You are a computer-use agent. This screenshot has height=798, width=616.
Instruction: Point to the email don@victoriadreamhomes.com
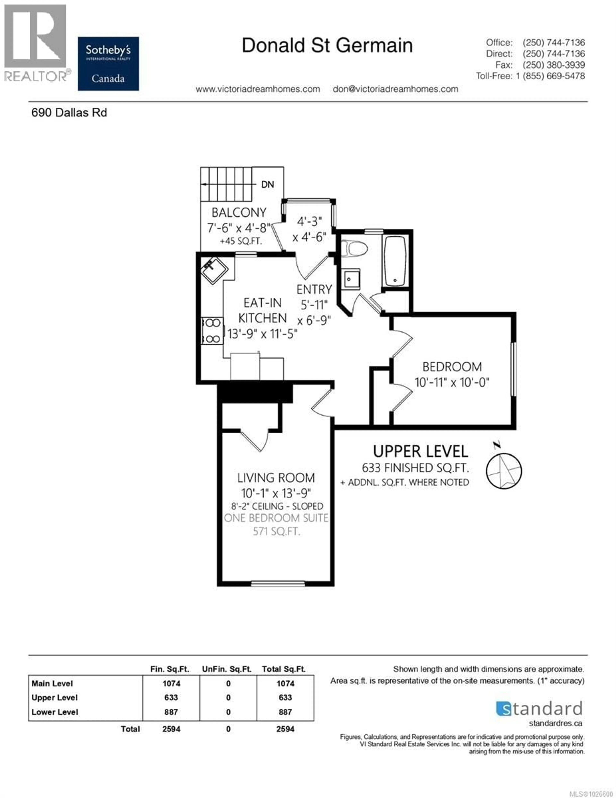(x=395, y=89)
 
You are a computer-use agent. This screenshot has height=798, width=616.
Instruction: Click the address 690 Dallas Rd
(x=69, y=113)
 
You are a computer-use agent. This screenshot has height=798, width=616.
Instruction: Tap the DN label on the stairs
(x=267, y=184)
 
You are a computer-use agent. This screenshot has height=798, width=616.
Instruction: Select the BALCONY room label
(x=239, y=212)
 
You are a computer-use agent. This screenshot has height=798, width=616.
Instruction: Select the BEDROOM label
(x=452, y=366)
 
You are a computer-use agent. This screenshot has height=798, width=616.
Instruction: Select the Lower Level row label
(x=55, y=712)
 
